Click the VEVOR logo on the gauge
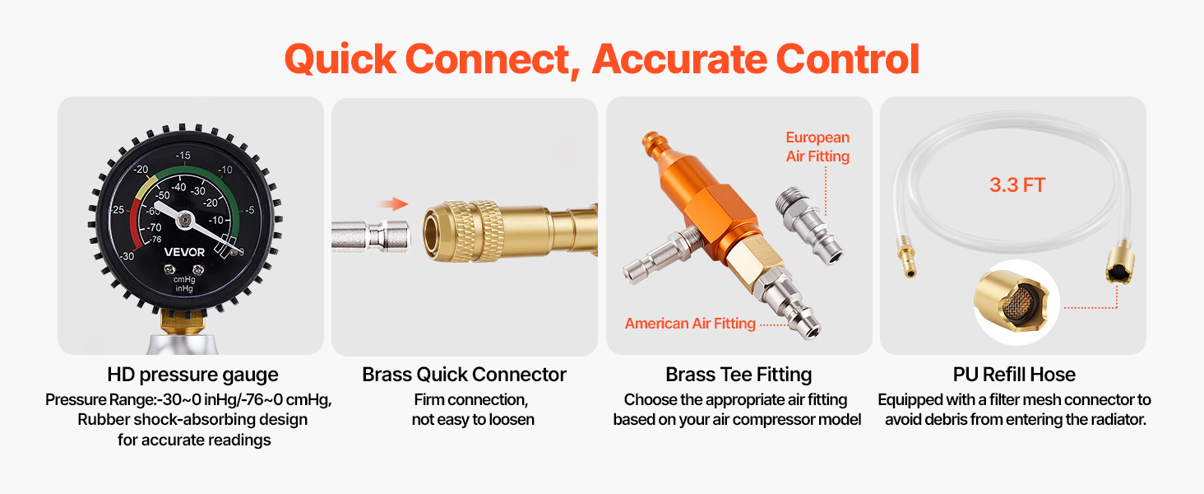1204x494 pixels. click(184, 252)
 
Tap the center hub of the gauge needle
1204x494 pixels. click(184, 219)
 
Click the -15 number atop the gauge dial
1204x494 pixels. click(183, 155)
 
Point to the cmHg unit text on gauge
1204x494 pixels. click(184, 279)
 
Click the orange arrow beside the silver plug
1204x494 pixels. click(393, 204)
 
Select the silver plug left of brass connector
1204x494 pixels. click(371, 237)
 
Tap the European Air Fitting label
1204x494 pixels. click(817, 147)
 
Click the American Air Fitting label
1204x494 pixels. click(690, 324)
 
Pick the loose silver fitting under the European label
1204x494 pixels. click(809, 226)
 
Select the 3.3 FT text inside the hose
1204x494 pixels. click(1017, 185)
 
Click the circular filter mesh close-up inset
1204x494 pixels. click(1016, 302)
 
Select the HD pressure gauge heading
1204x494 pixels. click(192, 375)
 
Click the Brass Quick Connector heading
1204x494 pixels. click(464, 375)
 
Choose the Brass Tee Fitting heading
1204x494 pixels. click(739, 375)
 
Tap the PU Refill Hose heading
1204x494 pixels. click(1014, 375)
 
